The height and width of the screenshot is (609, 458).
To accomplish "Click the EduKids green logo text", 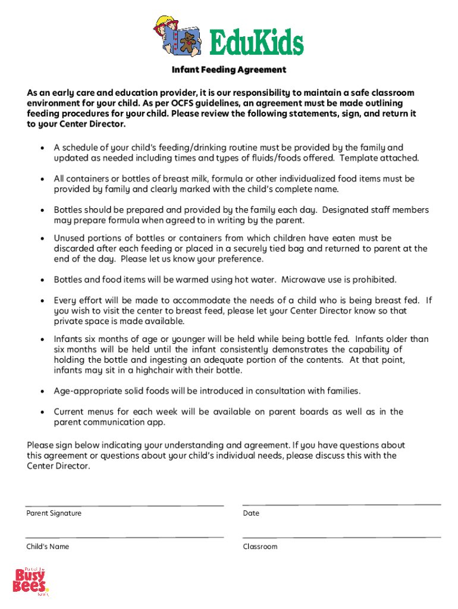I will pos(256,42).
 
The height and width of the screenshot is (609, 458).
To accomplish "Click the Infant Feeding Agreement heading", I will pos(229,70).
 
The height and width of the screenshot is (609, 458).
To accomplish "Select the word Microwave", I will pos(304,280).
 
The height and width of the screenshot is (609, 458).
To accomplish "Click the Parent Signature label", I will pos(54,513).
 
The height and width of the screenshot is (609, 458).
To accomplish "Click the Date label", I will pos(251,513).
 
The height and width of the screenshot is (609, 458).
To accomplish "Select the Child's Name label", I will pos(48,547).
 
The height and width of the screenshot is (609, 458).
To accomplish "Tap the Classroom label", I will pos(260,547).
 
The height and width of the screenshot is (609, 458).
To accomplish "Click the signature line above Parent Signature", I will pos(125,506).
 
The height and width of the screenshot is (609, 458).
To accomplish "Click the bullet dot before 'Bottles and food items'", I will pos(42,280).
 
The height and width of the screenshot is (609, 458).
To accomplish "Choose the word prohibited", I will pos(375,280).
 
